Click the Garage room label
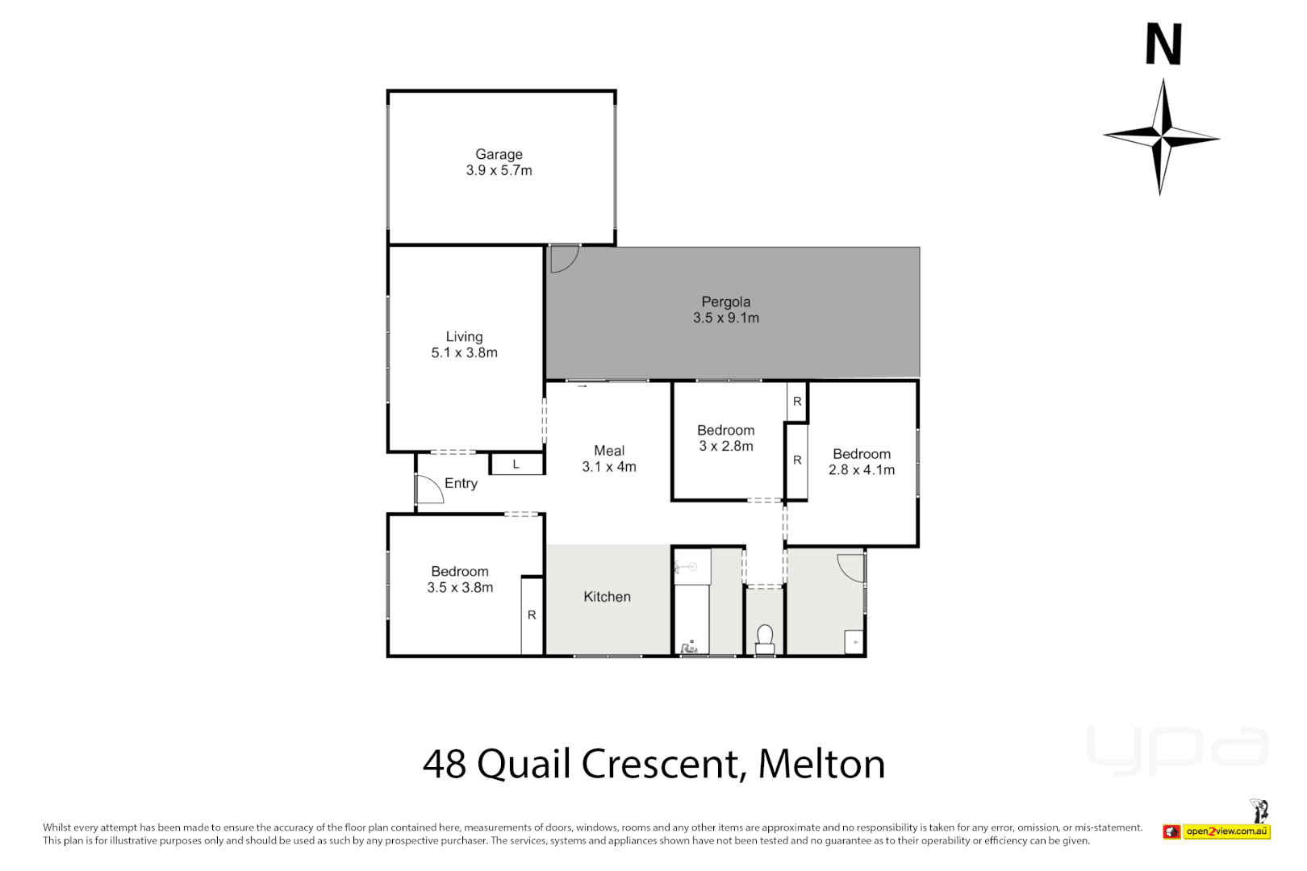pos(499,154)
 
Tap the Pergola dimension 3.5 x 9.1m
pos(725,318)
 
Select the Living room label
pos(464,336)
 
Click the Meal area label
pos(609,451)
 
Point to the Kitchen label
pos(607,597)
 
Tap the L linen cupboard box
pos(516,465)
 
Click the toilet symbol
pos(765,639)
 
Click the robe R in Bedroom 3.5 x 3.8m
pos(532,615)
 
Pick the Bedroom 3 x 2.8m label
pos(725,431)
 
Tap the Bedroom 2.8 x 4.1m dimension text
pos(861,470)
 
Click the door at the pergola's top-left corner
pos(564,258)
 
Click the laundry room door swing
pos(851,566)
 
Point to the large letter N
pos(1163,44)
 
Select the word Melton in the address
pos(821,764)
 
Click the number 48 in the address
pos(445,764)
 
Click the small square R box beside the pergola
pos(797,401)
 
